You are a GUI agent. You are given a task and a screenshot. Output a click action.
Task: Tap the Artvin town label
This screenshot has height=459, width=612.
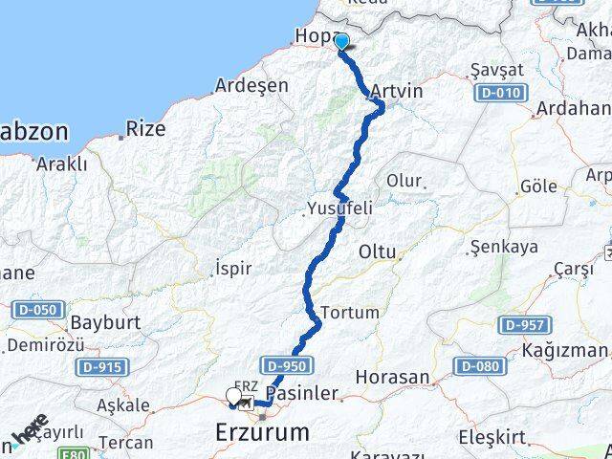[395, 91]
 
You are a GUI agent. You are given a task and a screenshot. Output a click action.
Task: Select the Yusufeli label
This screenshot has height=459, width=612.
[339, 208]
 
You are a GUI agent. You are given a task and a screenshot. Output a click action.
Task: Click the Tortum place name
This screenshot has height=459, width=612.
[350, 313]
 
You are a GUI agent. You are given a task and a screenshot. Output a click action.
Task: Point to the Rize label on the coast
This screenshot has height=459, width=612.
[145, 127]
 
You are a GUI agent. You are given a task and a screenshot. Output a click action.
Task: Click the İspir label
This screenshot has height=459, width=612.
[234, 268]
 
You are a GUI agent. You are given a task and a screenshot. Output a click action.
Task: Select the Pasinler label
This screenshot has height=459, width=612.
[302, 393]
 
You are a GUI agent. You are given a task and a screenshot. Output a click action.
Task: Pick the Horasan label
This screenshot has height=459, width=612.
[392, 378]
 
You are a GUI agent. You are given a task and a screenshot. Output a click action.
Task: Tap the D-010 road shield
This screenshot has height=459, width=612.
[498, 93]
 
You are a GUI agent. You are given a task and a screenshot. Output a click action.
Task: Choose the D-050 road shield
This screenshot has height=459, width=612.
[39, 310]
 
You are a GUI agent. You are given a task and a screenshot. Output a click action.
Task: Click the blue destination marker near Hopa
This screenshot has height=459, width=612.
[341, 41]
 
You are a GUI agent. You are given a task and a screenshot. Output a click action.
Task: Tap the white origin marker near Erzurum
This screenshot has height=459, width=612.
[233, 395]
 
